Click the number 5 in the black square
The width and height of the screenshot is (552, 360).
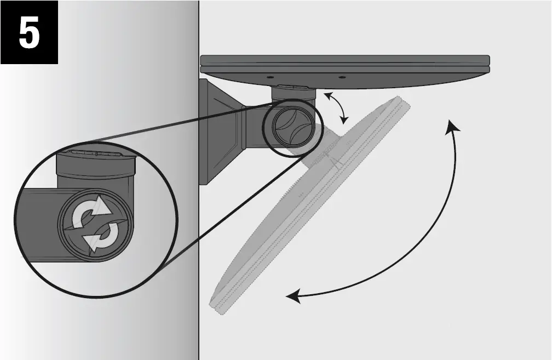point(29,33)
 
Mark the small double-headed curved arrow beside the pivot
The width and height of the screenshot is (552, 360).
point(335,107)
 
